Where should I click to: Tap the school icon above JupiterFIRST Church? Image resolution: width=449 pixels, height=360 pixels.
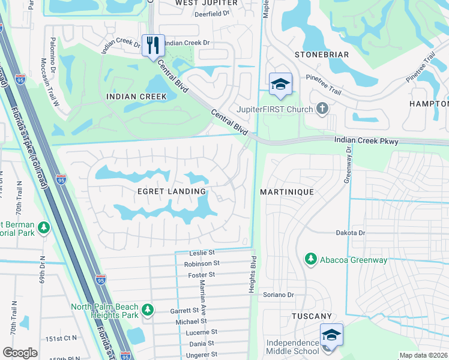(x=280, y=85)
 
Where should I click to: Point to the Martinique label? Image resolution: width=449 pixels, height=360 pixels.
(x=287, y=191)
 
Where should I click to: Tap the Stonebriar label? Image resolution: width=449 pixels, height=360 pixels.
(x=322, y=55)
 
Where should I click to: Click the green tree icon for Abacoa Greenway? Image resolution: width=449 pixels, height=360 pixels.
(x=310, y=259)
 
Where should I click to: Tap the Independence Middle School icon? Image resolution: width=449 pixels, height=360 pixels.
(x=331, y=336)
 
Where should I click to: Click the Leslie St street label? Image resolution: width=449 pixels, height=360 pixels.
(x=202, y=254)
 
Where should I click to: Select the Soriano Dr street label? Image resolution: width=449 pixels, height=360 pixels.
(x=279, y=295)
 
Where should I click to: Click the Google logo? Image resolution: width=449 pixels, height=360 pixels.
(x=20, y=353)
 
